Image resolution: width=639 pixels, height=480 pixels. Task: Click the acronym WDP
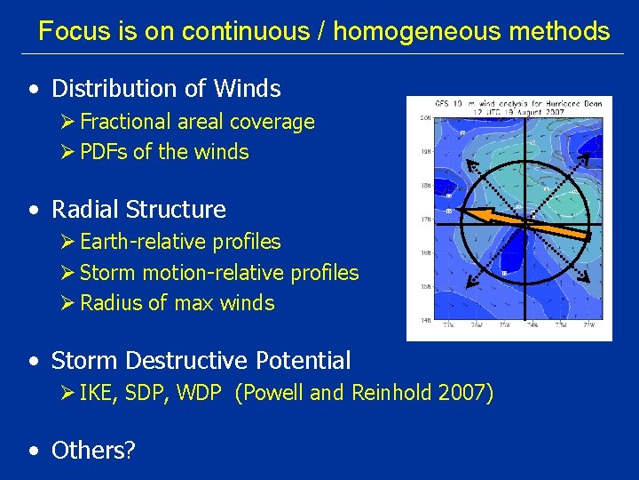click(x=198, y=393)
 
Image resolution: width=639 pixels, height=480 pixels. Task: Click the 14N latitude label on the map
click(x=425, y=319)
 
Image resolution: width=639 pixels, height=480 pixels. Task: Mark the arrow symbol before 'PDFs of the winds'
click(x=69, y=152)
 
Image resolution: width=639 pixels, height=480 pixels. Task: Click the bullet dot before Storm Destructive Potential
click(x=34, y=362)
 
